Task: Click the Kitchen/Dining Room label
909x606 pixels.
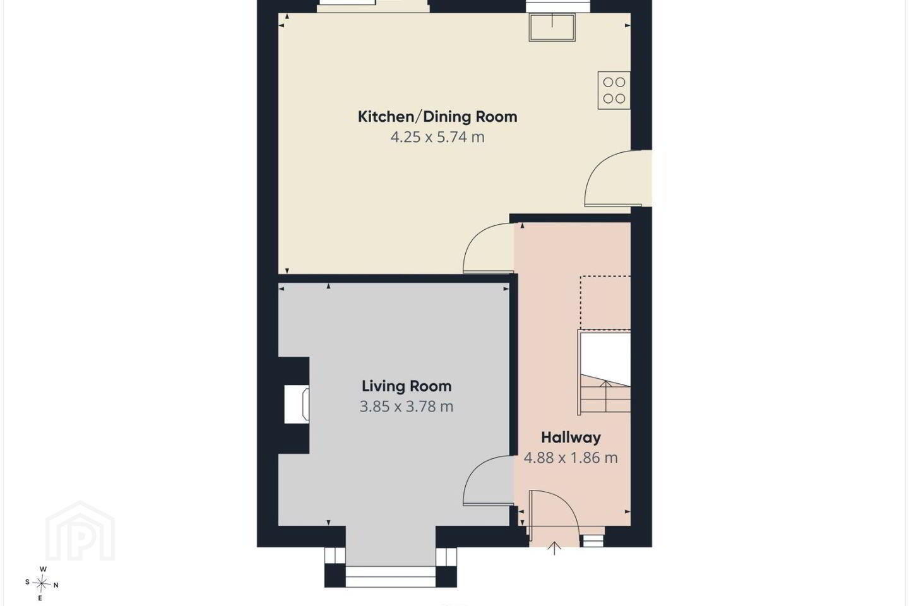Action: [437, 117]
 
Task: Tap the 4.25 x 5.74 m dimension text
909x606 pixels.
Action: [437, 137]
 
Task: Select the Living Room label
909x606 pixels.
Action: [407, 386]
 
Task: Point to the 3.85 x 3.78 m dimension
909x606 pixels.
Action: [407, 407]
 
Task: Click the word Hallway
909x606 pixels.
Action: [571, 437]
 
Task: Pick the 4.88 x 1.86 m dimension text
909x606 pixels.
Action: [571, 458]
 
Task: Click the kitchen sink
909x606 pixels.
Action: [552, 27]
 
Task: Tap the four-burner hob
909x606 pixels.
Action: [614, 90]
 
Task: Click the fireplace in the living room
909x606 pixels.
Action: [297, 404]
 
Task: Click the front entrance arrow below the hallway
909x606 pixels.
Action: [554, 548]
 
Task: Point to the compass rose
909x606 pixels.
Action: [42, 584]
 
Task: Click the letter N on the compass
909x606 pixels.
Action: [56, 585]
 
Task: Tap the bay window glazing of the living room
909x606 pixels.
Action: [390, 577]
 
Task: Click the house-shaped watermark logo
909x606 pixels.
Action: [80, 531]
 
